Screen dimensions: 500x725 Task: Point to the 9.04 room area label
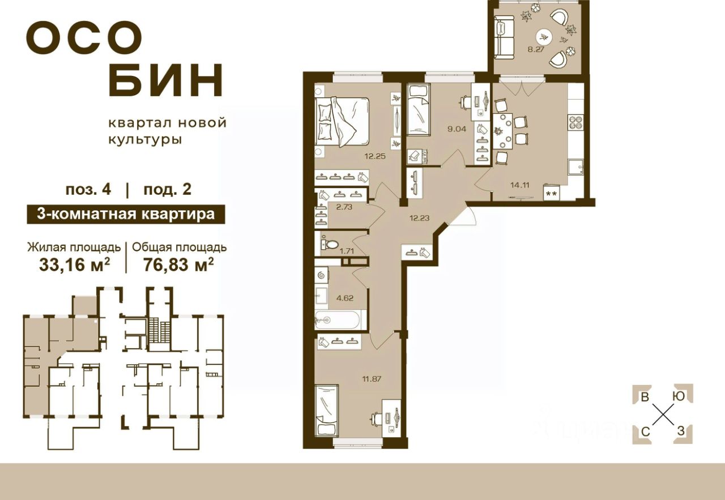click(457, 128)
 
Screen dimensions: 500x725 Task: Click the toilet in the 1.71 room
click(326, 245)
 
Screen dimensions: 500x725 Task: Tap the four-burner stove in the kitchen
click(575, 123)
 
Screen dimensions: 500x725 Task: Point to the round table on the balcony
click(544, 37)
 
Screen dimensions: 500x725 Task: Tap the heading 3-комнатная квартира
click(126, 214)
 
